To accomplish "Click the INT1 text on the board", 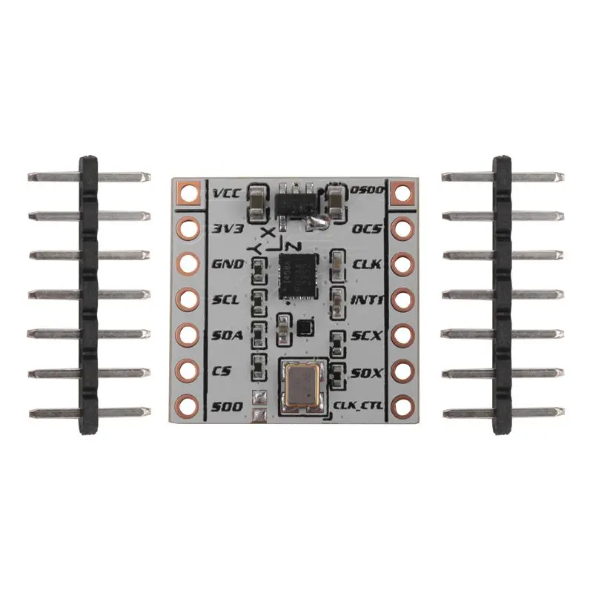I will pyautogui.click(x=366, y=299).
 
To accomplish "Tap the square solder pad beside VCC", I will pyautogui.click(x=188, y=194).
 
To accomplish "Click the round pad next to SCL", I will pyautogui.click(x=188, y=299).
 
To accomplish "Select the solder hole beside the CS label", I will pyautogui.click(x=188, y=370).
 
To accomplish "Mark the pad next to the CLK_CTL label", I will pyautogui.click(x=401, y=405).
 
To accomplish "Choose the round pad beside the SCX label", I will pyautogui.click(x=401, y=334).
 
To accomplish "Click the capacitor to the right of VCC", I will pyautogui.click(x=256, y=201).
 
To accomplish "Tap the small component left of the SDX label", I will pyautogui.click(x=337, y=372).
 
